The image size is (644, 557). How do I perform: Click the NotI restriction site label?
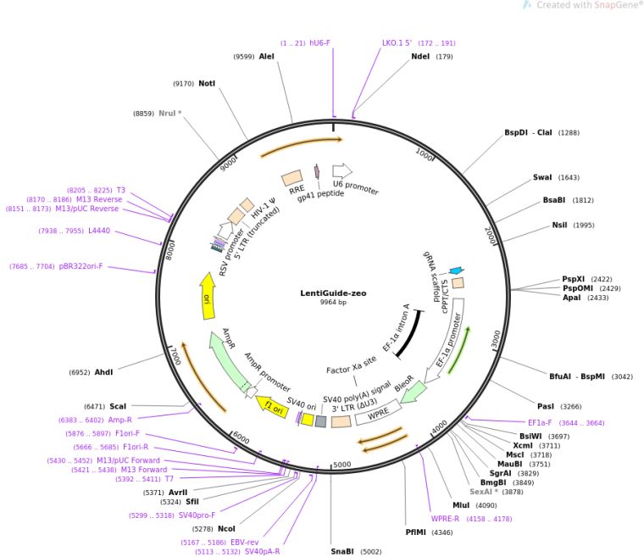tap(207, 83)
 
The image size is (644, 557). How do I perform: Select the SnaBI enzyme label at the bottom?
tap(342, 551)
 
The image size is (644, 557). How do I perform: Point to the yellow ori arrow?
tap(206, 296)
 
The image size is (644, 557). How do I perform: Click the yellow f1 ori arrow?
tap(273, 407)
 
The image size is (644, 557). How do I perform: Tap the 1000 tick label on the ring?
tap(425, 154)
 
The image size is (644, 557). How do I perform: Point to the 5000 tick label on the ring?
tap(341, 465)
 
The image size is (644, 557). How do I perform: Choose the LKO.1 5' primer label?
tap(397, 42)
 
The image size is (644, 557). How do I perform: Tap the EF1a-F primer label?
tap(540, 422)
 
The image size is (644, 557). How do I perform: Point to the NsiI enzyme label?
tap(560, 225)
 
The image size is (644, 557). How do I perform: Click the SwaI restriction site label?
tap(542, 177)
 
